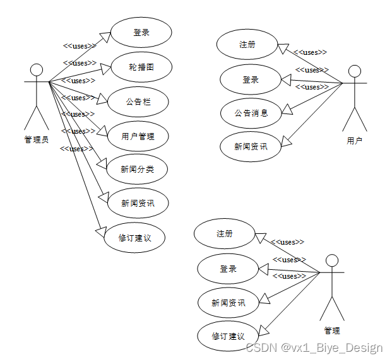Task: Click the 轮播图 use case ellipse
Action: (x=141, y=67)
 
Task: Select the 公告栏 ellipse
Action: (x=138, y=101)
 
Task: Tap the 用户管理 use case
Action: (x=137, y=135)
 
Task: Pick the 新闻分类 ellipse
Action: (x=137, y=169)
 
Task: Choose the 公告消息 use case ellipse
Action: (x=251, y=113)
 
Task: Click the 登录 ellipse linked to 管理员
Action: (x=141, y=33)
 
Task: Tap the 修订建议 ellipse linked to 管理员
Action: (x=134, y=238)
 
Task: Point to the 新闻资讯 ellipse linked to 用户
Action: (x=251, y=147)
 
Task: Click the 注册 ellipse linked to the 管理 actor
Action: (x=225, y=234)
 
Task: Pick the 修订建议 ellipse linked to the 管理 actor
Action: (x=228, y=336)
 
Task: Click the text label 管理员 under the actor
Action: (x=36, y=140)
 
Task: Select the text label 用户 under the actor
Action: (x=354, y=141)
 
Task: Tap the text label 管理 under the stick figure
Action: (x=332, y=330)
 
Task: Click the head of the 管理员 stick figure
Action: (x=37, y=69)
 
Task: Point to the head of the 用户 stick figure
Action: (x=354, y=71)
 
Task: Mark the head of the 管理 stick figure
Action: (x=331, y=260)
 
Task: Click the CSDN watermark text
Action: (x=314, y=348)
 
